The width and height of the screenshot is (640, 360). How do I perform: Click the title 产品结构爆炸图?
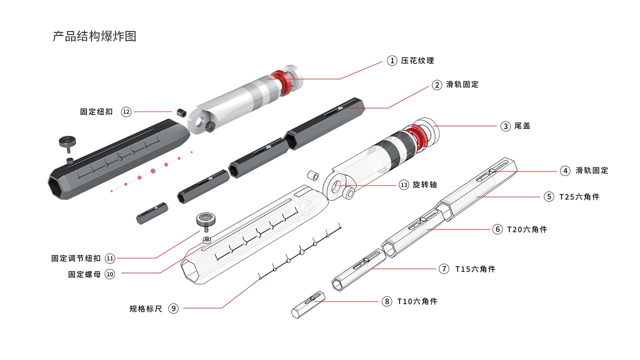[94, 36]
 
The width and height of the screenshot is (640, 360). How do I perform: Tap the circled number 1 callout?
[392, 60]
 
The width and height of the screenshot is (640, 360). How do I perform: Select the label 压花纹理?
[417, 60]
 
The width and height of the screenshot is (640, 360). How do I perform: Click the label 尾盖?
[522, 126]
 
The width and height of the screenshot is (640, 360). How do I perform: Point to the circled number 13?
[404, 184]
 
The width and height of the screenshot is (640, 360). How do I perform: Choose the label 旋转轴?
[425, 184]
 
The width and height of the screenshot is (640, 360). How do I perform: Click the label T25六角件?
[579, 196]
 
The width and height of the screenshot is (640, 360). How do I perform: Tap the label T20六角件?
[527, 229]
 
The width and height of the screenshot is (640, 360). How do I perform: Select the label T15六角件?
[475, 268]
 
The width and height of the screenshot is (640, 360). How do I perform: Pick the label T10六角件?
[417, 301]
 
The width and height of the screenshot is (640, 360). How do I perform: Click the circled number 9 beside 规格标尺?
[173, 308]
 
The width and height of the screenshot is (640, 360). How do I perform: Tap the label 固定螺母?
[84, 274]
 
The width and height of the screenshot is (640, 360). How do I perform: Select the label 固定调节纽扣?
[76, 258]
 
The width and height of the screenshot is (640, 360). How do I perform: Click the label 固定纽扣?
[96, 112]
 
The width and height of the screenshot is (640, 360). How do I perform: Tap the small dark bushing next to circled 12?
[180, 111]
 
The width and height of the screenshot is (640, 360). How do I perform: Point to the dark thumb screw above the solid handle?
[68, 142]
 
